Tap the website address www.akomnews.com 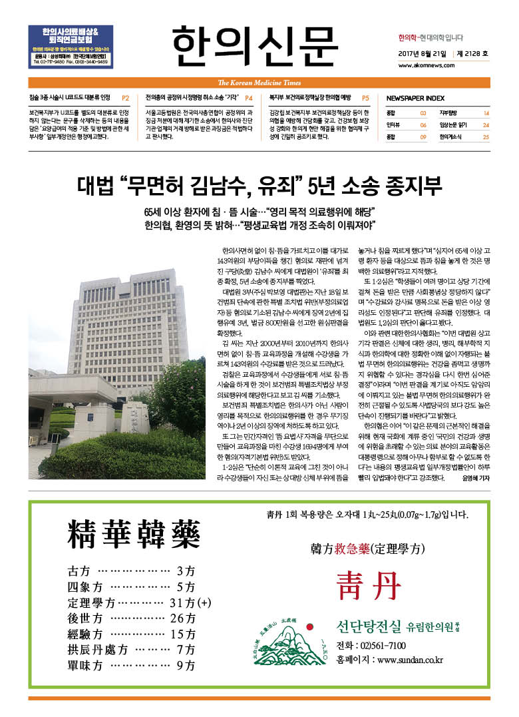click(426, 66)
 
